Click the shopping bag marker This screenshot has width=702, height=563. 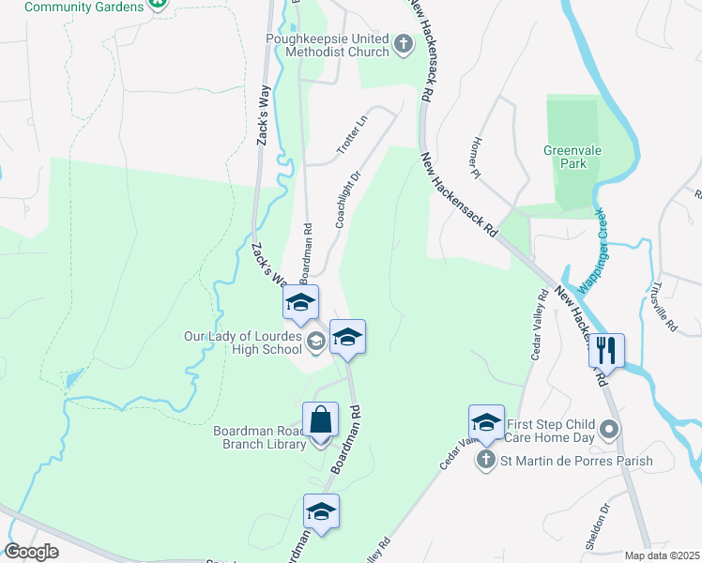pyautogui.click(x=320, y=419)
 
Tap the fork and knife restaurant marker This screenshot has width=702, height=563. pyautogui.click(x=605, y=350)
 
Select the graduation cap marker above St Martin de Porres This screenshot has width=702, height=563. pyautogui.click(x=486, y=423)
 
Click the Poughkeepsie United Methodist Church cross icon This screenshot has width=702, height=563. pyautogui.click(x=403, y=43)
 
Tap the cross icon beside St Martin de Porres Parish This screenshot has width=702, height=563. pyautogui.click(x=485, y=460)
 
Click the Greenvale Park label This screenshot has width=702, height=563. pyautogui.click(x=565, y=157)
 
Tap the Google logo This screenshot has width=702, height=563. pyautogui.click(x=32, y=552)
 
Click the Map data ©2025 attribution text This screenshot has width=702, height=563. pyautogui.click(x=663, y=555)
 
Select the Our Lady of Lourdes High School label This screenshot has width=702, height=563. pyautogui.click(x=243, y=343)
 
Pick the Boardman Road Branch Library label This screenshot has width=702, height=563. pyautogui.click(x=259, y=437)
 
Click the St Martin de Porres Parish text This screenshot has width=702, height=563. pyautogui.click(x=575, y=461)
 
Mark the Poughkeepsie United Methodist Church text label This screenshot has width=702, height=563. pyautogui.click(x=326, y=45)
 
